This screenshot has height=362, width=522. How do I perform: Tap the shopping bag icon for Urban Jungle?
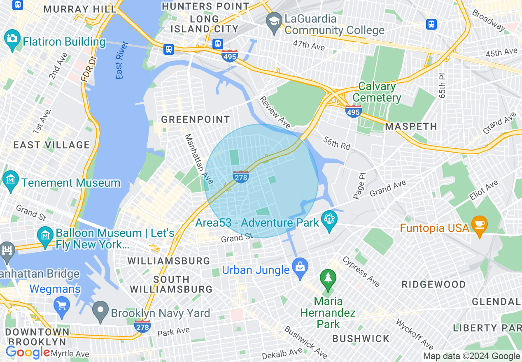[x=300, y=266]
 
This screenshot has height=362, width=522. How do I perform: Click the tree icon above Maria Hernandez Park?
[x=328, y=278]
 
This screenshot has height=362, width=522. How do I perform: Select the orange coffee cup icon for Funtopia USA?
[x=480, y=225]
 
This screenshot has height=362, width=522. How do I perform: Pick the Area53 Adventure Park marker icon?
[x=329, y=220]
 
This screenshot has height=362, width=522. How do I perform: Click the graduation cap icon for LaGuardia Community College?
[x=273, y=21]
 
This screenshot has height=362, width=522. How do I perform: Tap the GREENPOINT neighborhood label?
[x=196, y=120]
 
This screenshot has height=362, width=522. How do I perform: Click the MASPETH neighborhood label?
[x=411, y=127]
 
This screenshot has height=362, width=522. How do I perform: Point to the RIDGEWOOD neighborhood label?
[x=433, y=285]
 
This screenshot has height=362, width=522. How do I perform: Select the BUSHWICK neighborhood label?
[x=361, y=339]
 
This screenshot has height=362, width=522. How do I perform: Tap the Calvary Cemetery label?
[x=377, y=92]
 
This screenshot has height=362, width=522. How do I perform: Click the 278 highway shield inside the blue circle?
[x=241, y=176]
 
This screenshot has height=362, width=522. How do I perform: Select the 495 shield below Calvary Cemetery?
[x=354, y=111]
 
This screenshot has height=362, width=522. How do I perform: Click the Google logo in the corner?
[x=28, y=352]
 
